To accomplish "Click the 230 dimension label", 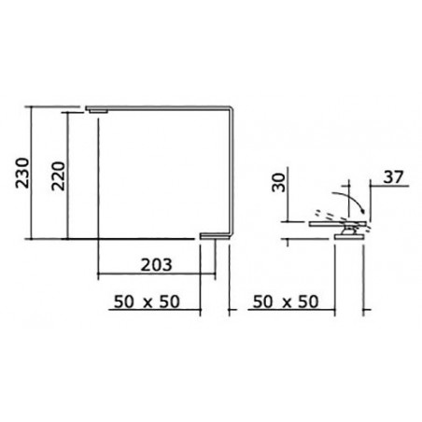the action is point(22,173).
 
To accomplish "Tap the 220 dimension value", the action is point(59,176).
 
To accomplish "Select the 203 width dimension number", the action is point(156,265).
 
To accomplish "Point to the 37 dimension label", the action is point(393,177).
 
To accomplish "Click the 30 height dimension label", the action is point(279,183).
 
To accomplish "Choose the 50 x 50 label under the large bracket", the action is point(147,302).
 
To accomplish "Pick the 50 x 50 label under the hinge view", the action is point(286,302).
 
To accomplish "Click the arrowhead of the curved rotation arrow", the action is point(362,210).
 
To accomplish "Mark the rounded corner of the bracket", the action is point(230,109).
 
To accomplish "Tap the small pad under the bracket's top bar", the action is point(98,111).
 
